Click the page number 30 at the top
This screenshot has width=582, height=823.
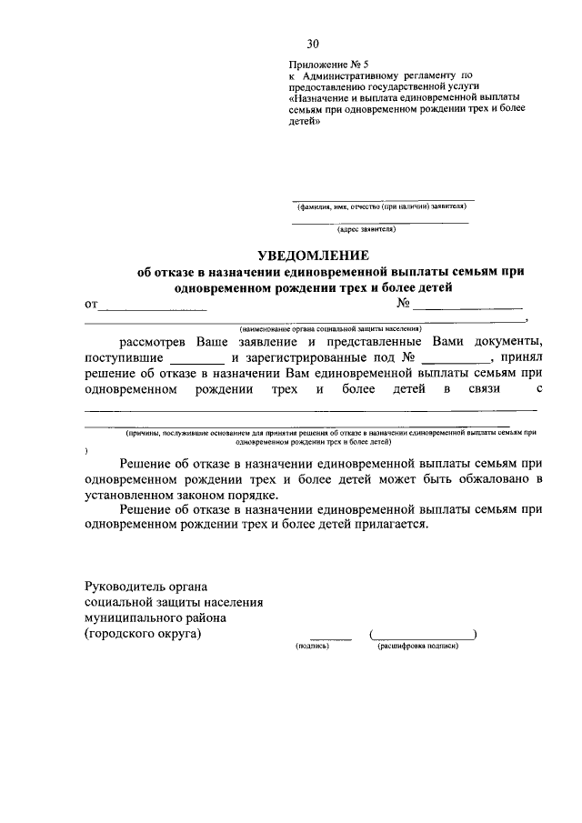point(313,43)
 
